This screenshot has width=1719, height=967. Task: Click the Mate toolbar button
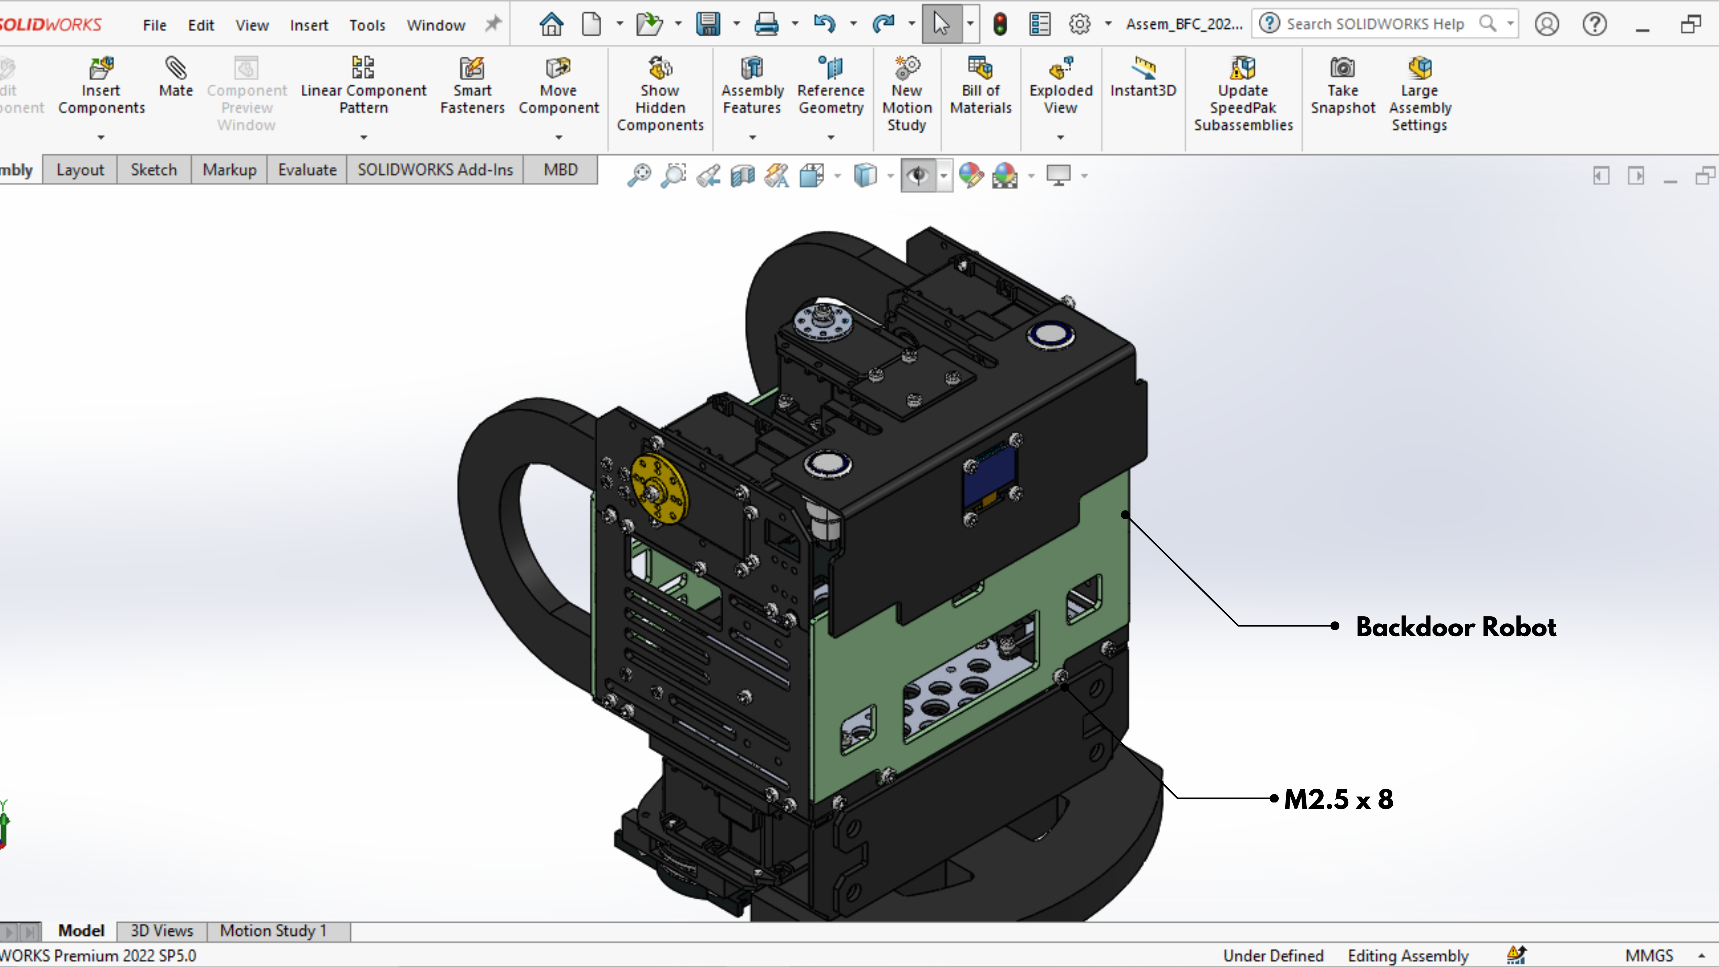pyautogui.click(x=176, y=77)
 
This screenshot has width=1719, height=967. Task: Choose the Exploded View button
pyautogui.click(x=1060, y=87)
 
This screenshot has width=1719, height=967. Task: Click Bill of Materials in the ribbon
pyautogui.click(x=980, y=87)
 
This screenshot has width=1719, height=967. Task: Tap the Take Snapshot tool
pyautogui.click(x=1343, y=87)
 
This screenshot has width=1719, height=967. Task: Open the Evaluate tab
pyautogui.click(x=307, y=170)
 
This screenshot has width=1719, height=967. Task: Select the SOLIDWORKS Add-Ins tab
pyautogui.click(x=435, y=170)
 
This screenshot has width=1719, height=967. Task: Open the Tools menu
pyautogui.click(x=367, y=26)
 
